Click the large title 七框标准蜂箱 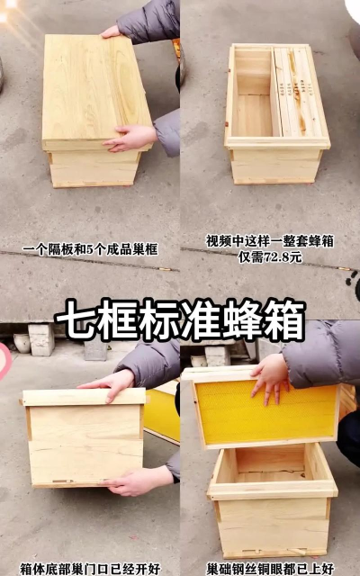tap(180, 320)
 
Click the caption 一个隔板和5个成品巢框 tap(90, 250)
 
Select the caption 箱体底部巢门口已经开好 tap(90, 569)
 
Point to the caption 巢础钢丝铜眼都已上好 tap(270, 569)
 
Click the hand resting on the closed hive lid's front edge tap(130, 138)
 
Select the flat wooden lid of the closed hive tap(97, 92)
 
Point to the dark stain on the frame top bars tap(297, 92)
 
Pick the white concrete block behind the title tap(41, 339)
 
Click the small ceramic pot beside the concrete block tap(22, 343)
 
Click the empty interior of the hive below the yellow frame tap(270, 464)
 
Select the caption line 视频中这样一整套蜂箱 tap(270, 241)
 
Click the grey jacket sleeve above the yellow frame tap(319, 353)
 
